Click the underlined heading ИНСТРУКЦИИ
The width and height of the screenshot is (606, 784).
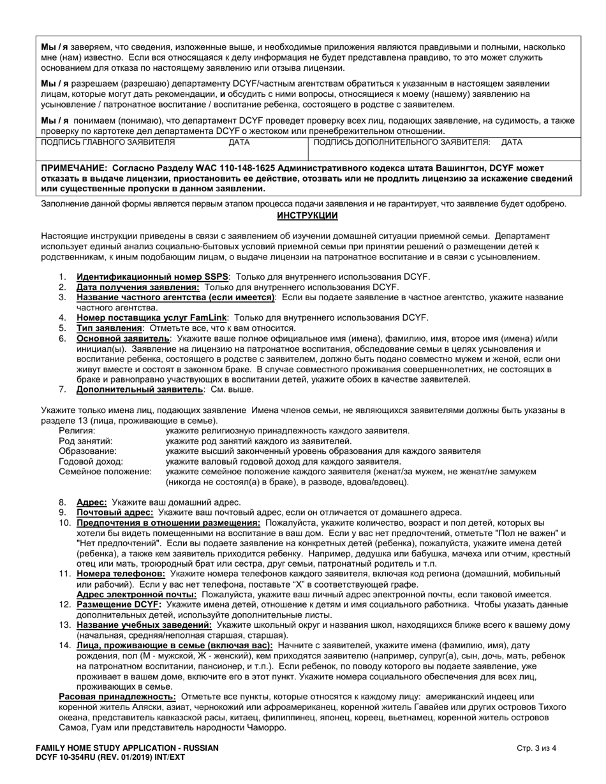(307, 215)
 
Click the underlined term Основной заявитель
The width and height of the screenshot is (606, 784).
(123, 338)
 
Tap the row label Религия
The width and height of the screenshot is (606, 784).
(77, 431)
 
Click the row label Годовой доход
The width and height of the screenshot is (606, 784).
(91, 461)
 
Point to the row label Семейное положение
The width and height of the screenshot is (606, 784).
(105, 472)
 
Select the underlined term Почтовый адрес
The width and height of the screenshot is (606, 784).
(115, 512)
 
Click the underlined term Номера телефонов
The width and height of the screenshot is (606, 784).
(121, 574)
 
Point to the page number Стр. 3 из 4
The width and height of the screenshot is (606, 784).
(536, 748)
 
